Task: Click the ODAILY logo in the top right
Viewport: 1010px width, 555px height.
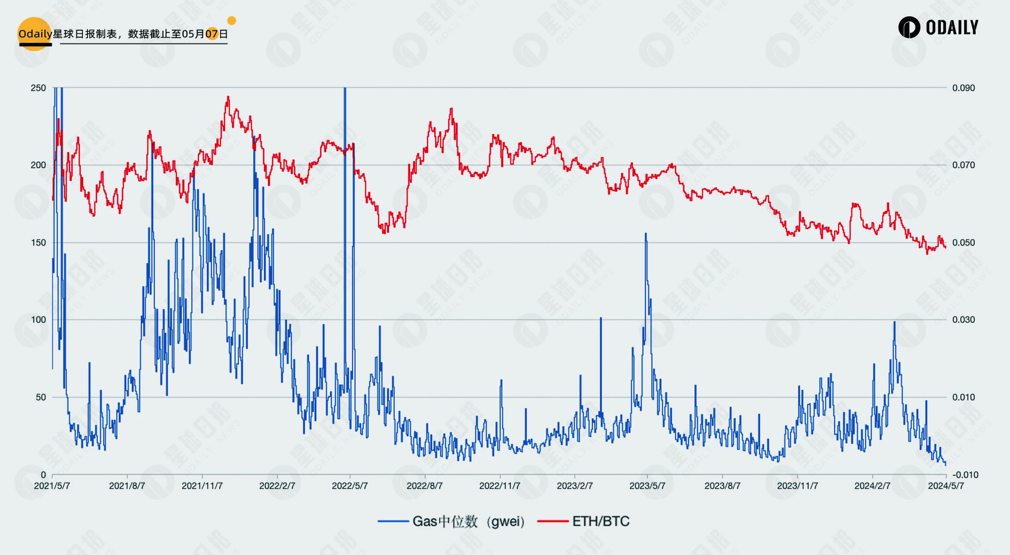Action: [938, 27]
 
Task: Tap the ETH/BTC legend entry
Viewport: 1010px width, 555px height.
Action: [600, 522]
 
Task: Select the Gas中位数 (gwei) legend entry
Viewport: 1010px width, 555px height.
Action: [468, 522]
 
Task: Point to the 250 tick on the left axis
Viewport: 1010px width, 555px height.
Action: [38, 88]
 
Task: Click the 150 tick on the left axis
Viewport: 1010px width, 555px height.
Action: [38, 243]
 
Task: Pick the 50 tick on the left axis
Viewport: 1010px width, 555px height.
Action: [41, 397]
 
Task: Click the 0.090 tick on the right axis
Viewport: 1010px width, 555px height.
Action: [963, 88]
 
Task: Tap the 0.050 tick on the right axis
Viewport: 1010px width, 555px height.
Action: [963, 243]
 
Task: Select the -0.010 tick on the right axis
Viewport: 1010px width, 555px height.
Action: [965, 475]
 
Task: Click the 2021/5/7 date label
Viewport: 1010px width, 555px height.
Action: [52, 486]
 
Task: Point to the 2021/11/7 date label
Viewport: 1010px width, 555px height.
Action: [202, 486]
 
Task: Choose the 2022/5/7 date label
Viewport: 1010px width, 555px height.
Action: [350, 486]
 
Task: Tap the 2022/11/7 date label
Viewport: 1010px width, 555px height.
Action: [499, 486]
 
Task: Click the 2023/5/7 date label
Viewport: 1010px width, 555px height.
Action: [647, 486]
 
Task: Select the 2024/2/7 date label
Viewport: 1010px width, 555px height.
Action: [872, 486]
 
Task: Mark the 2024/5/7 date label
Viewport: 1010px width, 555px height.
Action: [946, 486]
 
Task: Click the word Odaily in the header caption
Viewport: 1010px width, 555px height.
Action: [35, 34]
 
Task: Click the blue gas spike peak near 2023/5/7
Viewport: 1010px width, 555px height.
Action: [646, 234]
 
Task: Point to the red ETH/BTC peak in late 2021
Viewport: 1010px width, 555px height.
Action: [228, 97]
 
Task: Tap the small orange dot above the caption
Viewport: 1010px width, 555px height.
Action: [232, 21]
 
